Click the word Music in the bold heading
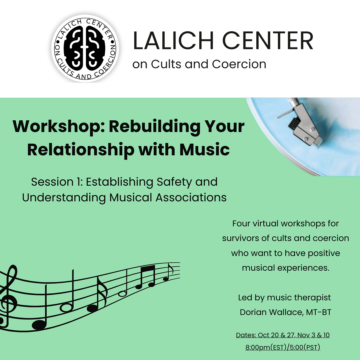205,149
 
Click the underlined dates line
283,335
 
